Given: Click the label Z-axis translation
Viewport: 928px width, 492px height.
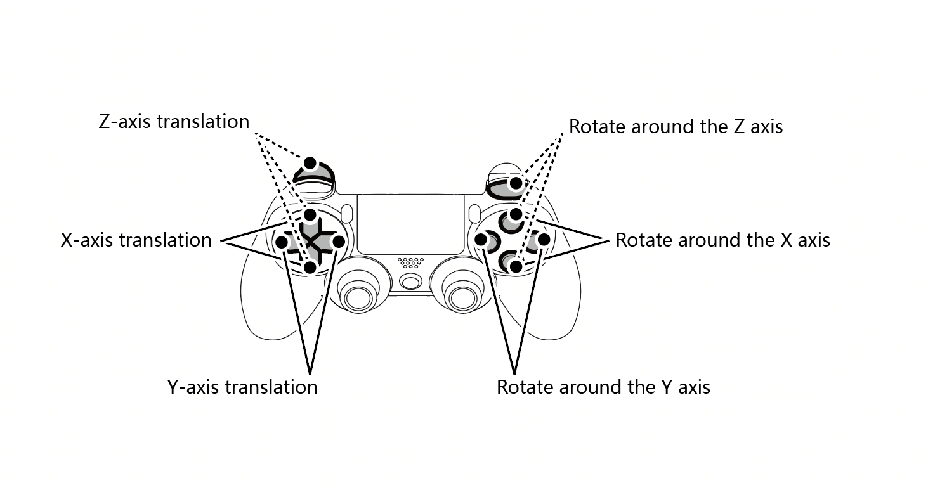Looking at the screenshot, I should coord(174,122).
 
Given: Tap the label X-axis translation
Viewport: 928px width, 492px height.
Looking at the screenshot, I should coord(136,240).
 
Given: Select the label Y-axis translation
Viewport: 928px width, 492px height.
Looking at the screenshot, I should coord(242,387).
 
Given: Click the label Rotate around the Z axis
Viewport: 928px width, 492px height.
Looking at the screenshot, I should coord(676,127).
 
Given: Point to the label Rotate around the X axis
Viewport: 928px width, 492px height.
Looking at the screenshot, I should coord(722,240).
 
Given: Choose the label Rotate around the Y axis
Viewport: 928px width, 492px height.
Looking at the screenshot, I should coord(603,387).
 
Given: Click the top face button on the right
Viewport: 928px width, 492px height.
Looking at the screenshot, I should coord(512,221).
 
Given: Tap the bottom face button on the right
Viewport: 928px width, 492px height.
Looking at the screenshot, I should coord(512,261).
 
